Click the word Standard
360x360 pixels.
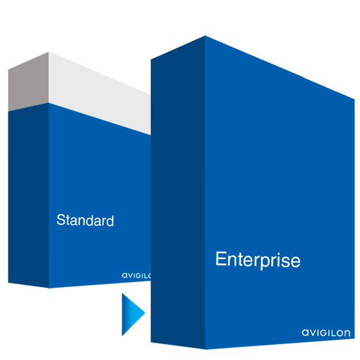pyautogui.click(x=85, y=220)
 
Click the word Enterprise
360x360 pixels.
pyautogui.click(x=257, y=260)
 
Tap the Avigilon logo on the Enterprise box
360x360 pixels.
pyautogui.click(x=325, y=332)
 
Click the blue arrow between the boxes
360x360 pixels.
pyautogui.click(x=132, y=312)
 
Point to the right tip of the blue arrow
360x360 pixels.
pyautogui.click(x=146, y=312)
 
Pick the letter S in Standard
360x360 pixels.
pyautogui.click(x=61, y=220)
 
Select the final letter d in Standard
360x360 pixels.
pyautogui.click(x=110, y=220)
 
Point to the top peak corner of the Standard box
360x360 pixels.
pyautogui.click(x=47, y=51)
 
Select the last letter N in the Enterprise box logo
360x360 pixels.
pyautogui.click(x=348, y=332)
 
